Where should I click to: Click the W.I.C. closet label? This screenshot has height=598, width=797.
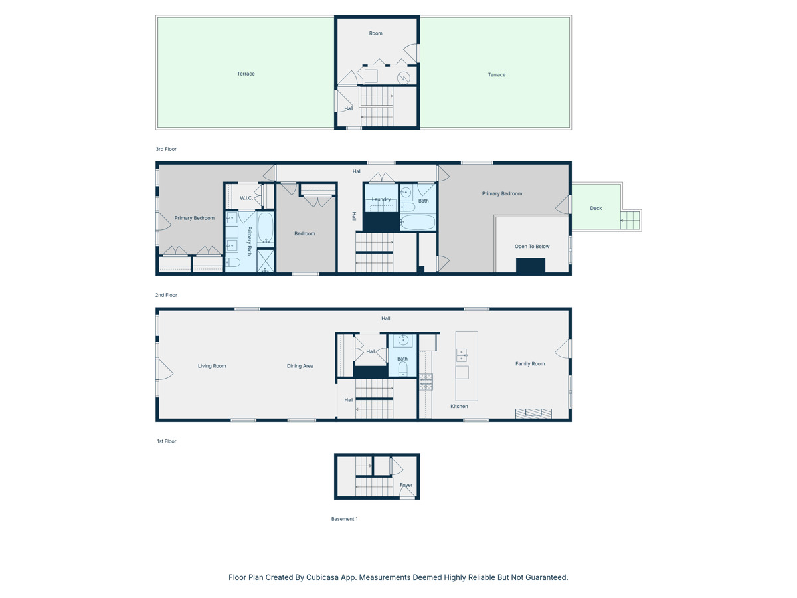246,198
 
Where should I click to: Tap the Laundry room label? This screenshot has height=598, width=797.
381,199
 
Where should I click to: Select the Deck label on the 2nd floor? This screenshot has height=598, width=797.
596,208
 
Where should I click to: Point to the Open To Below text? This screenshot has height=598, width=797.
532,247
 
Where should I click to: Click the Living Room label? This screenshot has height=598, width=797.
212,366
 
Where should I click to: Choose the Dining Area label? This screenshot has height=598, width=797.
300,366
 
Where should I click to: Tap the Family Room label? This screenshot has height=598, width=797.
530,364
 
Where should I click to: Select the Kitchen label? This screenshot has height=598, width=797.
459,406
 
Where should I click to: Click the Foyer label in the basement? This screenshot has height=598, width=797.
406,485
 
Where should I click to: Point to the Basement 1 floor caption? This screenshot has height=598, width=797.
344,519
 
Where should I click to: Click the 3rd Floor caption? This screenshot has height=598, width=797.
166,149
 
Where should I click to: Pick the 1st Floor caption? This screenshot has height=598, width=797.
166,441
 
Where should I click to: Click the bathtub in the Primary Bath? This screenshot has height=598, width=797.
265,227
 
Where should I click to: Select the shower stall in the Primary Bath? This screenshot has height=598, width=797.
266,261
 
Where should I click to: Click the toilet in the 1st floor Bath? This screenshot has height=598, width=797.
402,369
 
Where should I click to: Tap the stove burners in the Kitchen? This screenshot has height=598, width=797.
426,381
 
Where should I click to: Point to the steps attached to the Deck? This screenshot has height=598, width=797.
630,220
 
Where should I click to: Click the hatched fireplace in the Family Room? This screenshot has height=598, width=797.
533,413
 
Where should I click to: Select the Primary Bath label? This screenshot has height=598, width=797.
250,241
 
